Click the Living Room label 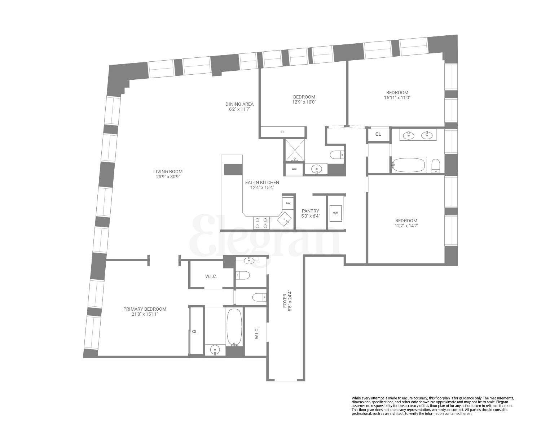pos(168,172)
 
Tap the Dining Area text pos(239,104)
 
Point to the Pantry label pos(311,211)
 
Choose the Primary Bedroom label pos(145,309)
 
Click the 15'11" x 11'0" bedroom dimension pos(397,97)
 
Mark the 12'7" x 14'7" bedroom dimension pos(406,226)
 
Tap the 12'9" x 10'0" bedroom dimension pos(304,102)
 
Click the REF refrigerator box pos(294,169)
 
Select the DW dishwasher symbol pos(288,204)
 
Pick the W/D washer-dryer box pos(336,213)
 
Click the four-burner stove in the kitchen pos(261,223)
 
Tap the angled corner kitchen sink pos(285,219)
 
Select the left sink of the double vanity pos(409,135)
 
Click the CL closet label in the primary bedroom pos(195,331)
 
